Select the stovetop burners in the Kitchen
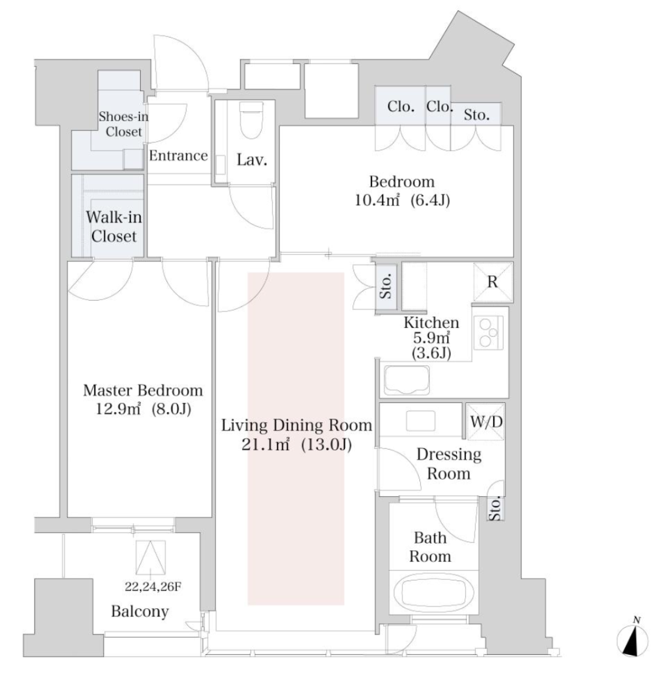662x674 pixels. click(x=488, y=332)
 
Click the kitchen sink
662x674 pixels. click(x=406, y=380)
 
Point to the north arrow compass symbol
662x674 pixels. click(x=632, y=639)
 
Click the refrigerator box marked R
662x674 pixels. click(x=493, y=282)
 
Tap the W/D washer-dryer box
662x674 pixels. click(x=486, y=422)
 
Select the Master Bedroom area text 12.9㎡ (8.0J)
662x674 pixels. click(x=143, y=408)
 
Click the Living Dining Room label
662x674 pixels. click(x=296, y=425)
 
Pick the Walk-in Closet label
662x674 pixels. click(x=114, y=226)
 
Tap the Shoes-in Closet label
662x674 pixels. click(x=124, y=124)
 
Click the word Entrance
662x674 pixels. click(x=178, y=155)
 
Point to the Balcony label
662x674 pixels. click(x=140, y=611)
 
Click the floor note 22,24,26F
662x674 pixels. click(x=153, y=586)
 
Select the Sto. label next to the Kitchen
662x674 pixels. click(x=386, y=286)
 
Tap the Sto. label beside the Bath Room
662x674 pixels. click(x=495, y=509)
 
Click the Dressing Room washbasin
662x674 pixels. click(x=421, y=421)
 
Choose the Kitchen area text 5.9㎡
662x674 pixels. click(x=431, y=338)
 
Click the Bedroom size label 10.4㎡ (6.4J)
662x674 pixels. click(x=402, y=200)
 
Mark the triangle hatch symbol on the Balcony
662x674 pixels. click(x=151, y=557)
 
